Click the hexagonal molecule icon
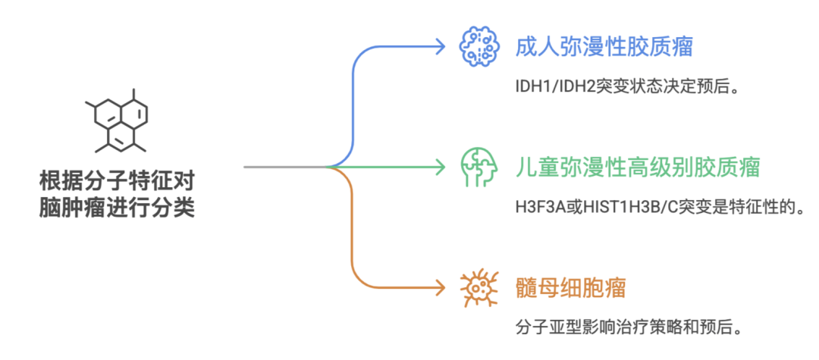(x=116, y=120)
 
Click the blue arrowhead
(x=440, y=46)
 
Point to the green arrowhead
(x=440, y=167)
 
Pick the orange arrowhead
(x=440, y=287)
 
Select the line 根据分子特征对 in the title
(x=116, y=182)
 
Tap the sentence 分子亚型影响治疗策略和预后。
(x=626, y=328)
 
